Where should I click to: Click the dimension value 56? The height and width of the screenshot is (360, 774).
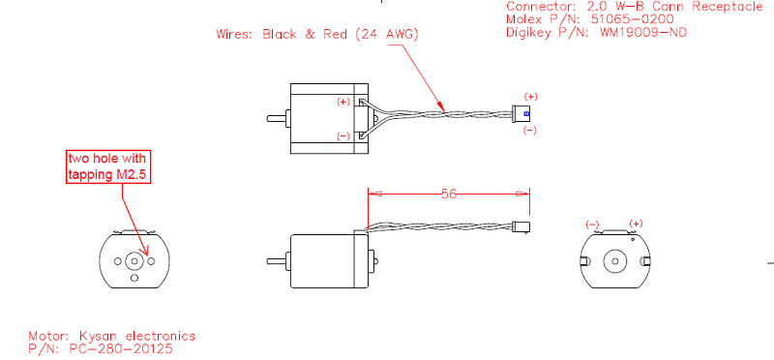448,195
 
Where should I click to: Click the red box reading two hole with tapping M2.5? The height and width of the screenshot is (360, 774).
108,166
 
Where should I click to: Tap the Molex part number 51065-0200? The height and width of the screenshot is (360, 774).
632,19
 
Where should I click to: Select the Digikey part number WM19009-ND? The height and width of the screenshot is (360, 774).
643,33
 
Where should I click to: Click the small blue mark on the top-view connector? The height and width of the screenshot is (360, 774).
526,113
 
